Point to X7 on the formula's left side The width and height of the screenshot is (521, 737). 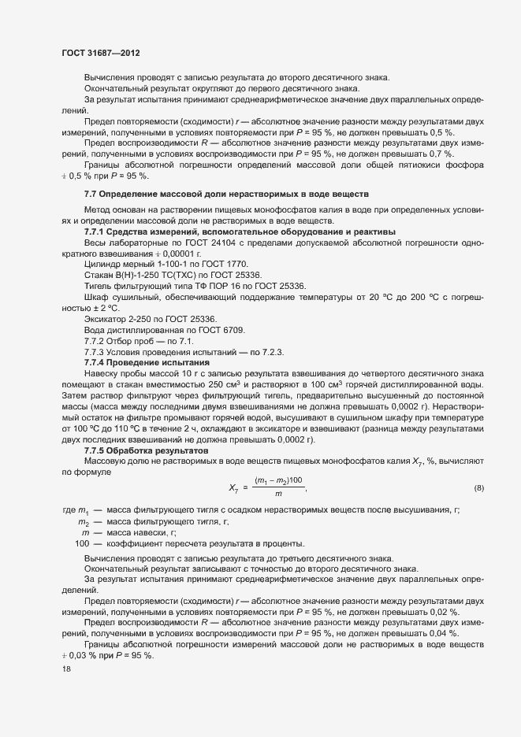tap(234, 488)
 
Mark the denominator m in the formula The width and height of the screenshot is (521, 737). tap(278, 494)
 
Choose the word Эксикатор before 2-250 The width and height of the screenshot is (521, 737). tap(107, 318)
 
